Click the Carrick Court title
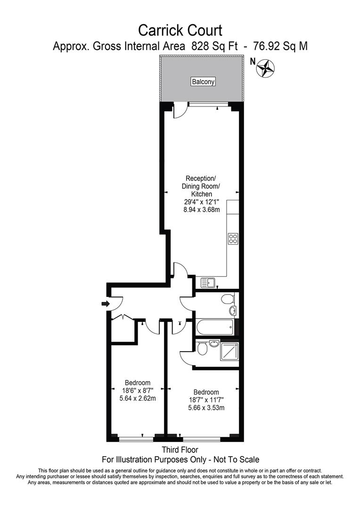[x=180, y=31]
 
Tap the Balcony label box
[x=203, y=82]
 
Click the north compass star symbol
[x=266, y=68]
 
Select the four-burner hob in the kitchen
[x=233, y=238]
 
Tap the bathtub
[x=215, y=328]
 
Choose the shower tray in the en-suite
[x=229, y=352]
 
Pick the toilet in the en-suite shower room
[x=202, y=349]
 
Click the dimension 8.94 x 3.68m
[x=202, y=210]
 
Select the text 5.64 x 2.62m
[x=138, y=398]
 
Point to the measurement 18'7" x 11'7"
[x=206, y=400]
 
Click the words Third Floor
[x=180, y=450]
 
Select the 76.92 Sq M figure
[x=280, y=46]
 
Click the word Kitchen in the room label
[x=201, y=194]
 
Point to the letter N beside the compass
[x=252, y=61]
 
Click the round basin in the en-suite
[x=213, y=343]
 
